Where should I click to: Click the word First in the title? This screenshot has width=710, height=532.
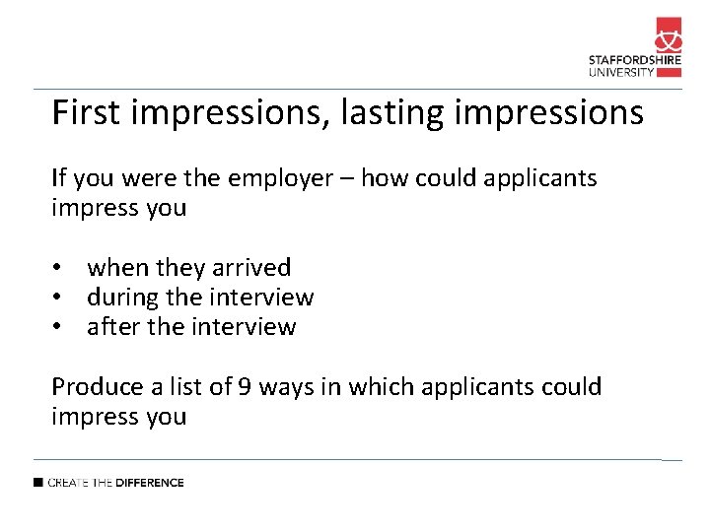pos(87,113)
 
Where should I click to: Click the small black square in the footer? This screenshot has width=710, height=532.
pos(38,483)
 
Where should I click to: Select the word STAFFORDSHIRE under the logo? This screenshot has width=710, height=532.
pos(635,59)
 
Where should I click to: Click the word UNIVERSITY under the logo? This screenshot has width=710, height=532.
pos(621,71)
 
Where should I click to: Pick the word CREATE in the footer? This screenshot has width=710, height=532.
pos(67,483)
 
